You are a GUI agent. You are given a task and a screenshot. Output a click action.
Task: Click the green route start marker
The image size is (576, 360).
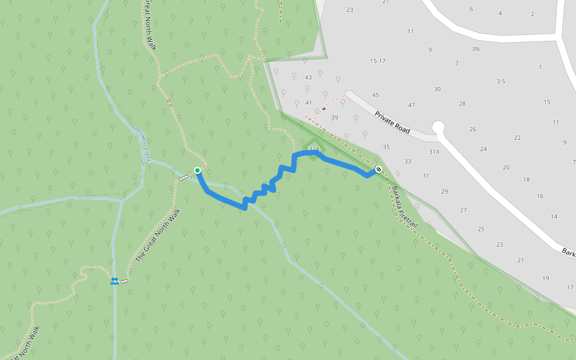pyautogui.click(x=197, y=170)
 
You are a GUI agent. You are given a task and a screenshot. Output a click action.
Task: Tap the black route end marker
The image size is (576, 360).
pyautogui.click(x=379, y=169)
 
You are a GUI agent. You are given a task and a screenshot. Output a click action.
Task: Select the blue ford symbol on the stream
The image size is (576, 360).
pyautogui.click(x=114, y=281)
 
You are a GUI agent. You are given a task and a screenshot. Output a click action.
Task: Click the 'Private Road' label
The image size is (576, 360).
pyautogui.click(x=392, y=122)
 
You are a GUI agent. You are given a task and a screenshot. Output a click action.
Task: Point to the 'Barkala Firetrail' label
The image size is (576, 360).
pyautogui.click(x=405, y=206)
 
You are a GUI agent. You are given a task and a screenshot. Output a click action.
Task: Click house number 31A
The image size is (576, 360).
pyautogui.click(x=314, y=148)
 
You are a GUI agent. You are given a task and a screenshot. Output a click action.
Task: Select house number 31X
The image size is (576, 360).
pyautogui.click(x=434, y=152)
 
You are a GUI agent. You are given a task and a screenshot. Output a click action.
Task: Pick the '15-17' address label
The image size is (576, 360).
pyautogui.click(x=378, y=61)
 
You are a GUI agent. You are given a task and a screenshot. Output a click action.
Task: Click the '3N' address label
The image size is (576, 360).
pyautogui.click(x=476, y=49)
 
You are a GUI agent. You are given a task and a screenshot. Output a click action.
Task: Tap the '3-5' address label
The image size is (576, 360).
pyautogui.click(x=501, y=81)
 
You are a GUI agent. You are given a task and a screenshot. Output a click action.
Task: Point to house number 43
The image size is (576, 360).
pyautogui.click(x=308, y=77)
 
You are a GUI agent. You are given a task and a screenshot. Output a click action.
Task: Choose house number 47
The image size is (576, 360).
pyautogui.click(x=412, y=106)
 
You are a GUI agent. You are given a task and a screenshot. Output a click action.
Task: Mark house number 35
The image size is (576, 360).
pyautogui.click(x=386, y=147)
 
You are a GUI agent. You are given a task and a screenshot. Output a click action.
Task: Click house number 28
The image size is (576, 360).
pyautogui.click(x=463, y=104)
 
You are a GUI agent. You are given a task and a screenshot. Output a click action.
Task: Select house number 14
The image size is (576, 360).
pyautogui.click(x=554, y=217)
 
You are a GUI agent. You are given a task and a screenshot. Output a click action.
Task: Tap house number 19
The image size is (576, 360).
pyautogui.click(x=545, y=278)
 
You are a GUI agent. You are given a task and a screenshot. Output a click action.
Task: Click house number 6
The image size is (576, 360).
pyautogui.click(x=471, y=9)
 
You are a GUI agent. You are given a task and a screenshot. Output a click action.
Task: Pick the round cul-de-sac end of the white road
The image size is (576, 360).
pyautogui.click(x=439, y=127)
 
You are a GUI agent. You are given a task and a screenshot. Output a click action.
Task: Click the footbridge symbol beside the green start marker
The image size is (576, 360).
pyautogui.click(x=183, y=178)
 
